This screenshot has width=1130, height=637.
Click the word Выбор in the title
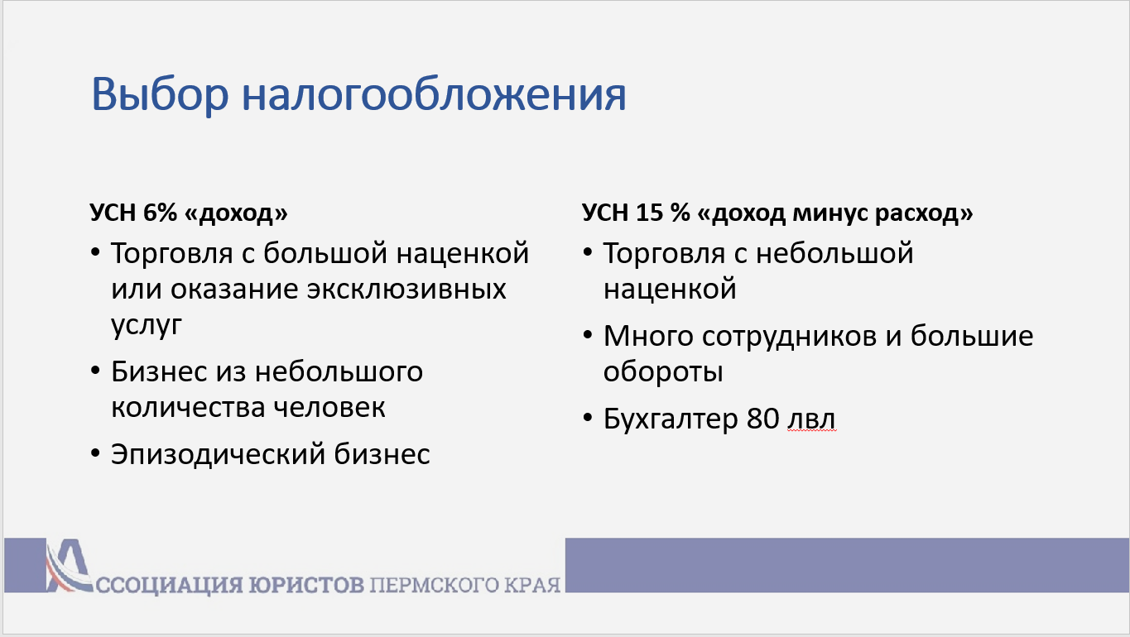(160, 94)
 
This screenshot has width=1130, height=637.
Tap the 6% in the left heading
(160, 212)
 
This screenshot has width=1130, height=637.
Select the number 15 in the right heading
(649, 212)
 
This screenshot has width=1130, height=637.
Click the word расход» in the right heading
(924, 213)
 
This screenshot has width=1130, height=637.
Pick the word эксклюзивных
(406, 289)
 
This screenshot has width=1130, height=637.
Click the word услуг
(147, 326)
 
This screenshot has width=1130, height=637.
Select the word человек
(329, 407)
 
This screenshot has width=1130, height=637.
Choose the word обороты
(663, 372)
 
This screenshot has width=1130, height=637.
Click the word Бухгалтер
(671, 419)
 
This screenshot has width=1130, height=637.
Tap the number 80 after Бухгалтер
(762, 419)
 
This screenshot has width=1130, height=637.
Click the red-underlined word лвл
(811, 419)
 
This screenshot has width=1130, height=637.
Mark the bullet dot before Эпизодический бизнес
(95, 452)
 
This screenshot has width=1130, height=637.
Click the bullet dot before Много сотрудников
(588, 334)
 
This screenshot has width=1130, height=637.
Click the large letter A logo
(69, 565)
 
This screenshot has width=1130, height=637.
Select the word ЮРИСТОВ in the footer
(306, 585)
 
